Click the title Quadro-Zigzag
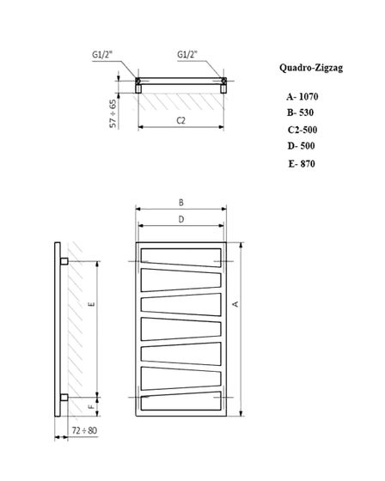pos(311,65)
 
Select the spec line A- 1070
pos(303,98)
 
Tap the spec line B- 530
pos(302,113)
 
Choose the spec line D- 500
pos(302,146)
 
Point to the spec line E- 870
pos(302,162)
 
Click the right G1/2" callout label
pos(187,53)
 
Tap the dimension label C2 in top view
pos(180,120)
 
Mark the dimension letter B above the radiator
pos(181,203)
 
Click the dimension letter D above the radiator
pos(181,220)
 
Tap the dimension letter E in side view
pos(90,305)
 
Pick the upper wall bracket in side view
pos(65,259)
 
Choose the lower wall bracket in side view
pos(65,397)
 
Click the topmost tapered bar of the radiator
pos(181,255)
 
